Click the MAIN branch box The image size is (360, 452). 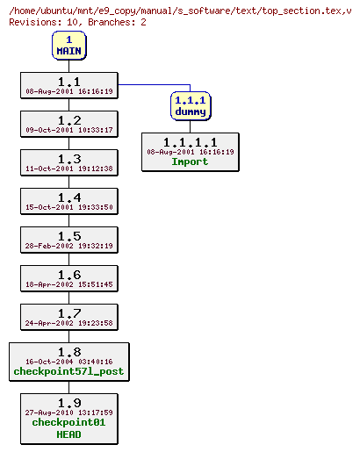point(68,46)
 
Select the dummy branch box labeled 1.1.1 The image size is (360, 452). point(190,106)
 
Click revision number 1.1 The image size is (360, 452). point(68,82)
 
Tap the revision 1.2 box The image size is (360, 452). point(68,124)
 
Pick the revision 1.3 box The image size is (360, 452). point(68,162)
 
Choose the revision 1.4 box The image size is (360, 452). point(68,201)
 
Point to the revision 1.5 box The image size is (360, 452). point(68,240)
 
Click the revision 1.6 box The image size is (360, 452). point(68,278)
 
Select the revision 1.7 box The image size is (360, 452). point(68,317)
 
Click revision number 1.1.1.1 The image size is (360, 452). point(190,142)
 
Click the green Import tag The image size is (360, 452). point(190,161)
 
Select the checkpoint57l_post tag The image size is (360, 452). point(68,371)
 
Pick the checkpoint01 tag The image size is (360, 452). point(68,422)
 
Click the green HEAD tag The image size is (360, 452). point(68,434)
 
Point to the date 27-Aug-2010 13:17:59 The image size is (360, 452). point(68,412)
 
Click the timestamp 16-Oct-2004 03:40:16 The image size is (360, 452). point(68,361)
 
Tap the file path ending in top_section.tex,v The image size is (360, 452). point(179,11)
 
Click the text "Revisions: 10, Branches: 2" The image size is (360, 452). point(77,21)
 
